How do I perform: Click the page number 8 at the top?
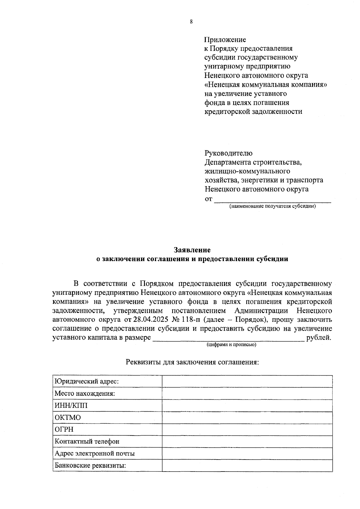pyautogui.click(x=191, y=22)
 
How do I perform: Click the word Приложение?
pyautogui.click(x=225, y=40)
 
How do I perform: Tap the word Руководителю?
pyautogui.click(x=228, y=153)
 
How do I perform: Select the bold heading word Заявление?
pyautogui.click(x=192, y=250)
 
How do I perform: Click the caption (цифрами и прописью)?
pyautogui.click(x=231, y=345)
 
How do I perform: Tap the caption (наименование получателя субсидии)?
pyautogui.click(x=272, y=207)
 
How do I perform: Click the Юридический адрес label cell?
pyautogui.click(x=87, y=381)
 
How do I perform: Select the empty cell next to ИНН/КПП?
pyautogui.click(x=247, y=406)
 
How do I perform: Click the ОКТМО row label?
pyautogui.click(x=68, y=418)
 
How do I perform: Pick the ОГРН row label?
pyautogui.click(x=64, y=430)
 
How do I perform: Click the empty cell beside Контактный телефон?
pyautogui.click(x=247, y=442)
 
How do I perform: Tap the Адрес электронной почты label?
pyautogui.click(x=94, y=454)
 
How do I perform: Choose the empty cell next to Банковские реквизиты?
pyautogui.click(x=247, y=466)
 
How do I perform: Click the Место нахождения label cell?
pyautogui.click(x=85, y=393)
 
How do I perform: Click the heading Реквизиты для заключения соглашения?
pyautogui.click(x=192, y=362)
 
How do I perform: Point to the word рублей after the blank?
pyautogui.click(x=319, y=338)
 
